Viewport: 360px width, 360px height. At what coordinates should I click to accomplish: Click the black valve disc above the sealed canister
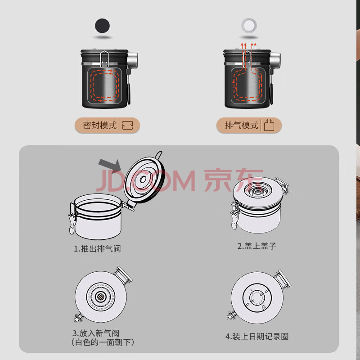103,26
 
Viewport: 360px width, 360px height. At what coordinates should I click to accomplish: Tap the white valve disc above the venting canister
249,26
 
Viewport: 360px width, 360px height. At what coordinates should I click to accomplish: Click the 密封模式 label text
100,126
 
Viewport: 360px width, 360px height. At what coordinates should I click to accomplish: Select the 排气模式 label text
241,126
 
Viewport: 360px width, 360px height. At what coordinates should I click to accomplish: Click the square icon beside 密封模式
128,126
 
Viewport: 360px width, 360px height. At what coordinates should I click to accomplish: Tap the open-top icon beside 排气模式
269,125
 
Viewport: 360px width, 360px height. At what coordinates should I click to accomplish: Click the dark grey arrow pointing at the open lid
110,165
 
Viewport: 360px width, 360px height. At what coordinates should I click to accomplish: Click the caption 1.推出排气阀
97,249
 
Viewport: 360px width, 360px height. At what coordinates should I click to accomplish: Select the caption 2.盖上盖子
256,246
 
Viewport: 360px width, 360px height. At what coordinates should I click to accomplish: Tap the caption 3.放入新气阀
96,333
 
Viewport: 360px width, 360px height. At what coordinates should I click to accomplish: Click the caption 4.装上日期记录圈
257,337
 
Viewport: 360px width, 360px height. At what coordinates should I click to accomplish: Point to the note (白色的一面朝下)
103,342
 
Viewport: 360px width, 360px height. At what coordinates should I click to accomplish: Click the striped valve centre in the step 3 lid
100,297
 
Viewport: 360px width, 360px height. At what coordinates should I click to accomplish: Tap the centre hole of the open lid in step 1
143,179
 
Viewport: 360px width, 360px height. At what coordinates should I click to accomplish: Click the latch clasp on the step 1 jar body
72,219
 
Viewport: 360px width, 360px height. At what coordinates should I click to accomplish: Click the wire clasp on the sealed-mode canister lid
104,59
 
